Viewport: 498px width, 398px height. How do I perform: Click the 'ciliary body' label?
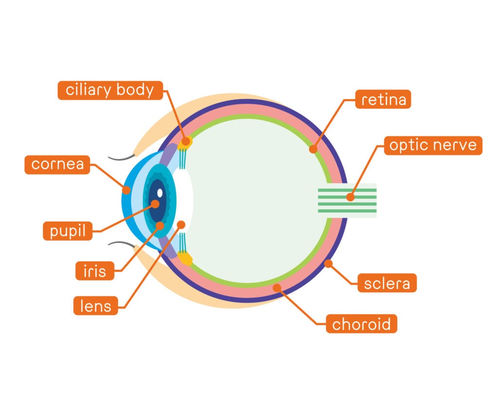(110, 90)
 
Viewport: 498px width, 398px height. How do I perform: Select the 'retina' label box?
(383, 100)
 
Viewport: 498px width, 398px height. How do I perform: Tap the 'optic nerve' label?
(433, 145)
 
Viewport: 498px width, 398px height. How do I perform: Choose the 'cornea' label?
(57, 164)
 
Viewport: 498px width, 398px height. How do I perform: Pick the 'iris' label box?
(94, 271)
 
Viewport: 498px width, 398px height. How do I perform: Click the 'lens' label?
(95, 306)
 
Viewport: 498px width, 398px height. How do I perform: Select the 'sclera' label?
(387, 283)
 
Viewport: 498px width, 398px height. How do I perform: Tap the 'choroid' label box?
(361, 323)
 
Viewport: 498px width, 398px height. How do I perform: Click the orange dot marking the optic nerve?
(350, 197)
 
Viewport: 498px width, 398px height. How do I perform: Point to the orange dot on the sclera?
(328, 264)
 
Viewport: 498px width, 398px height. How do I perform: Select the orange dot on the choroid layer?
(277, 288)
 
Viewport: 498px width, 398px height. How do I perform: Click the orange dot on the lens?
(181, 225)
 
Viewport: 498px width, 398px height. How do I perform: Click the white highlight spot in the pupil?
(160, 192)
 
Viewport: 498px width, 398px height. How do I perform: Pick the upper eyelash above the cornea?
(122, 158)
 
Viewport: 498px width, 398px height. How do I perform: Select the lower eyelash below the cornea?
(122, 244)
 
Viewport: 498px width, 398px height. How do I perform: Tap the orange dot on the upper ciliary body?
(185, 142)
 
